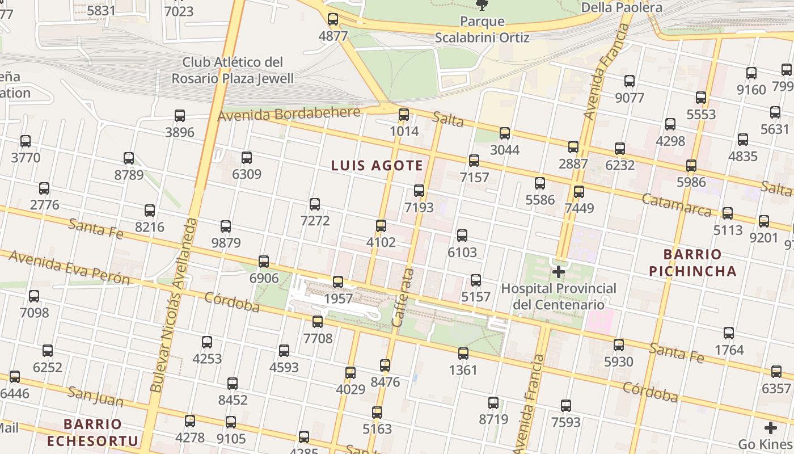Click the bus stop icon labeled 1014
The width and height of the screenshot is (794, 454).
click(404, 115)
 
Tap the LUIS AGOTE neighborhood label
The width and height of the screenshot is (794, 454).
click(377, 166)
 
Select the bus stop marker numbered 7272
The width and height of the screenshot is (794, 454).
click(315, 204)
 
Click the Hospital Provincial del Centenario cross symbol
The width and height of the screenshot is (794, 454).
click(559, 272)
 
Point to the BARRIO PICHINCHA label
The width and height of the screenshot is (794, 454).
click(692, 263)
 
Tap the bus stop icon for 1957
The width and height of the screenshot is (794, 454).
click(338, 282)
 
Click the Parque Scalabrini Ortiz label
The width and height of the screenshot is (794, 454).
click(482, 30)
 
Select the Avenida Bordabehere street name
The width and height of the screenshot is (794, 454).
click(289, 114)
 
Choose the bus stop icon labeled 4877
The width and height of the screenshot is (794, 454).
click(333, 20)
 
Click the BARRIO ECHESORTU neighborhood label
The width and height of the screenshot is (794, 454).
click(92, 432)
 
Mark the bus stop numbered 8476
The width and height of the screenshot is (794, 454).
click(385, 365)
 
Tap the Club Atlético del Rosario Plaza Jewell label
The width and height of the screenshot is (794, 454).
click(233, 70)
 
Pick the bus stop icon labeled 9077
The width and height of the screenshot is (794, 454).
click(630, 81)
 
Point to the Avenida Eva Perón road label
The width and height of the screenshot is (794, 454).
click(70, 267)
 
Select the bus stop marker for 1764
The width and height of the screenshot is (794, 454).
click(729, 334)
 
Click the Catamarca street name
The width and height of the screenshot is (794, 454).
click(677, 205)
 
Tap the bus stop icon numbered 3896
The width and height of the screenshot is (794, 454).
click(180, 116)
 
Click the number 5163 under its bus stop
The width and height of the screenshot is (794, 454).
click(377, 429)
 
